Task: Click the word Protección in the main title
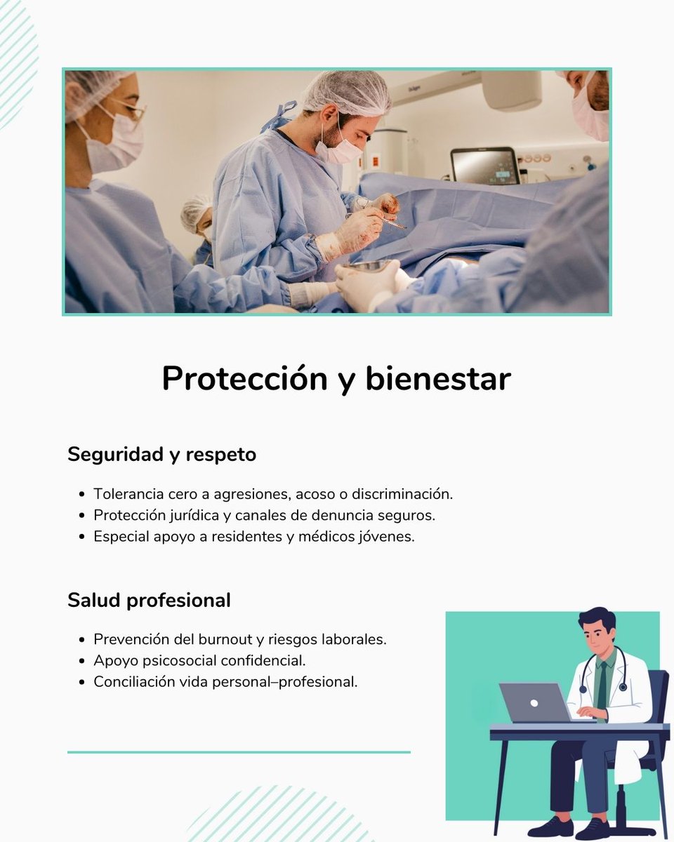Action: [244, 380]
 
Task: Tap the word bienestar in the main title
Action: [437, 380]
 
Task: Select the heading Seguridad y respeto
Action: [161, 455]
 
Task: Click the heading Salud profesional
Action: [149, 601]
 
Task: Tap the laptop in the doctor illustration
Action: [535, 702]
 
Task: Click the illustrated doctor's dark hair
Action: [597, 620]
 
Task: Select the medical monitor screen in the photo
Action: [484, 166]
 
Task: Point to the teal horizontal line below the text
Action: [239, 752]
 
